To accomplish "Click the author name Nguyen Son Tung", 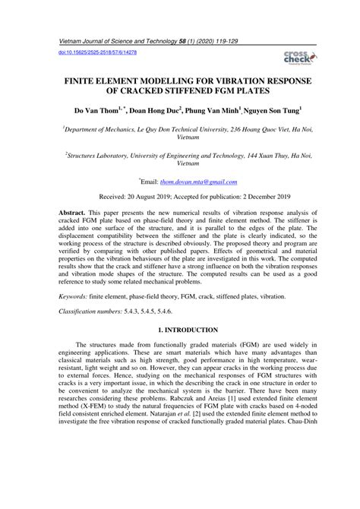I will tap(257, 111).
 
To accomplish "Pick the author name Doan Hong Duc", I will tap(153, 111).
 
